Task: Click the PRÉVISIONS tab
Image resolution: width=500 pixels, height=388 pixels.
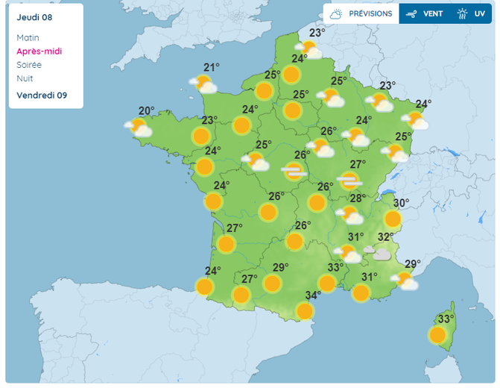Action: pyautogui.click(x=361, y=13)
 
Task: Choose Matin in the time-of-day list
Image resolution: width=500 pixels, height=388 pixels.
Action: pyautogui.click(x=28, y=38)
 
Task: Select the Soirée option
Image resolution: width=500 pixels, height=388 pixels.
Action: pyautogui.click(x=31, y=65)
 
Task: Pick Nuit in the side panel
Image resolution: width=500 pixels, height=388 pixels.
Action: pyautogui.click(x=25, y=78)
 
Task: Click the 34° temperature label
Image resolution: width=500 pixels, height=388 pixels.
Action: pyautogui.click(x=313, y=295)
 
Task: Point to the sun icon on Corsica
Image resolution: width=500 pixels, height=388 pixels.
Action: pyautogui.click(x=437, y=334)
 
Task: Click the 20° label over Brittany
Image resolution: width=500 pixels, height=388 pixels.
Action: pyautogui.click(x=146, y=111)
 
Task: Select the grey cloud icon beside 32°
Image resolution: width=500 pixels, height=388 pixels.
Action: pyautogui.click(x=381, y=254)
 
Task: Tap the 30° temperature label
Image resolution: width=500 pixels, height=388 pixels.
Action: pyautogui.click(x=401, y=203)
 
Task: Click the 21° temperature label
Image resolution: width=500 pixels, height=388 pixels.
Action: pyautogui.click(x=212, y=67)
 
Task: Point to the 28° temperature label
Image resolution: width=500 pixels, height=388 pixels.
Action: pyautogui.click(x=358, y=198)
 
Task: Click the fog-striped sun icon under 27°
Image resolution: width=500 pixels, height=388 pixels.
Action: pyautogui.click(x=349, y=180)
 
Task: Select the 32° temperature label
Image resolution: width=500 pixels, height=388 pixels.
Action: pyautogui.click(x=385, y=237)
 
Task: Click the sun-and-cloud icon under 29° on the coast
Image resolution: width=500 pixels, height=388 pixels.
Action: pyautogui.click(x=405, y=281)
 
